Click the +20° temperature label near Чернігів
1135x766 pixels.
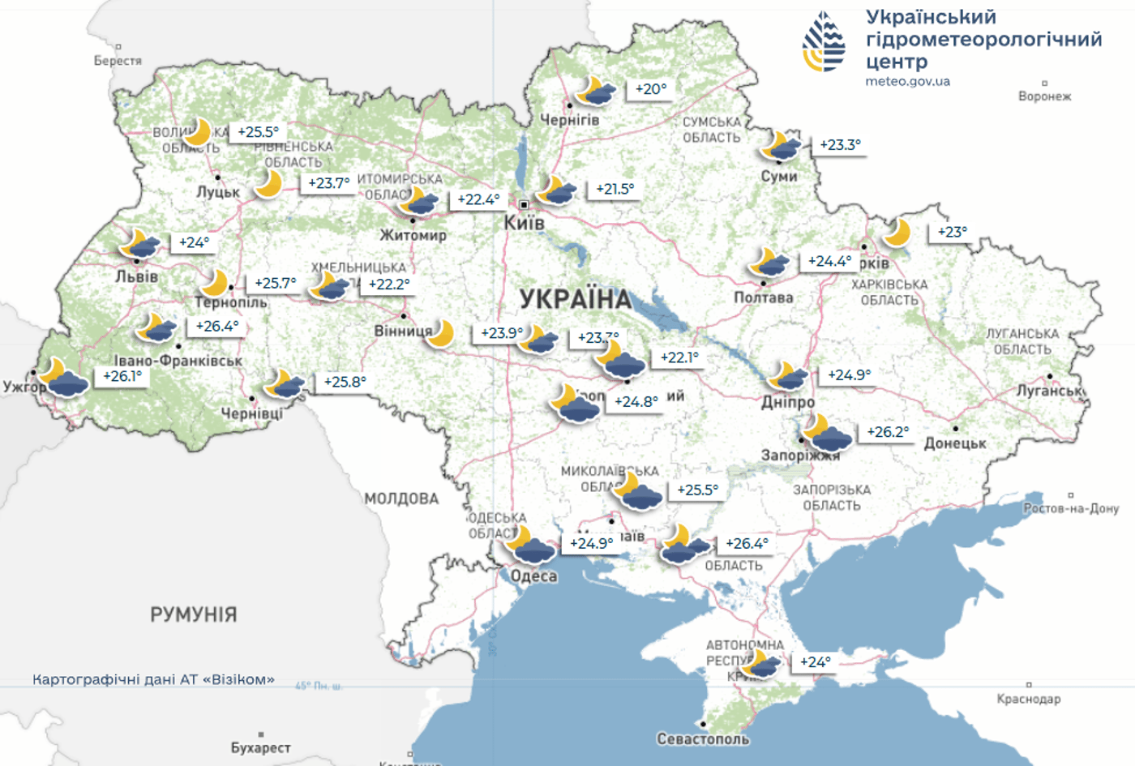point(650,89)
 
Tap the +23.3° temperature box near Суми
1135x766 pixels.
point(840,145)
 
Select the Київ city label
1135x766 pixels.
point(525,222)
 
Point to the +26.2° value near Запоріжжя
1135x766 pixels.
point(888,432)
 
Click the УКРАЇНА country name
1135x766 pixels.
point(576,299)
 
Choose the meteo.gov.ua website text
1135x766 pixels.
point(907,81)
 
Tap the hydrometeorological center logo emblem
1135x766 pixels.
point(824,42)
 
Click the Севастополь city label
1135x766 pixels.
point(703,739)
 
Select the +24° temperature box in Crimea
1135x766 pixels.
point(815,662)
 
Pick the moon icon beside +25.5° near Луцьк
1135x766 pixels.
point(197,131)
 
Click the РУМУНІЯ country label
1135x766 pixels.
point(194,614)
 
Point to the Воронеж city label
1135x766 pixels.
point(1044,96)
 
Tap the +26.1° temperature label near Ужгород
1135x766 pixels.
point(122,376)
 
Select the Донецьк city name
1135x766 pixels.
point(955,443)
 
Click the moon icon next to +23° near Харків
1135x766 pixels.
point(897,233)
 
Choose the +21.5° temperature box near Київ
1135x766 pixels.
point(615,189)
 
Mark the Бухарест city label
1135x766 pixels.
point(260,747)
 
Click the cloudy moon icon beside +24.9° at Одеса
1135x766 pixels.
point(529,545)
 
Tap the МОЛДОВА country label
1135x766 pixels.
point(401,499)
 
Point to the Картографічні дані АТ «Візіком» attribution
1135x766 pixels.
point(153,679)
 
